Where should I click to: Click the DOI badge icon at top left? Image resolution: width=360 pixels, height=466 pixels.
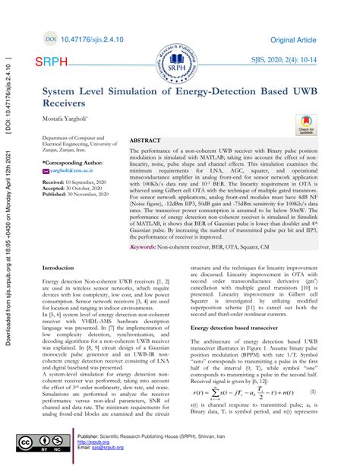click(x=51, y=36)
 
